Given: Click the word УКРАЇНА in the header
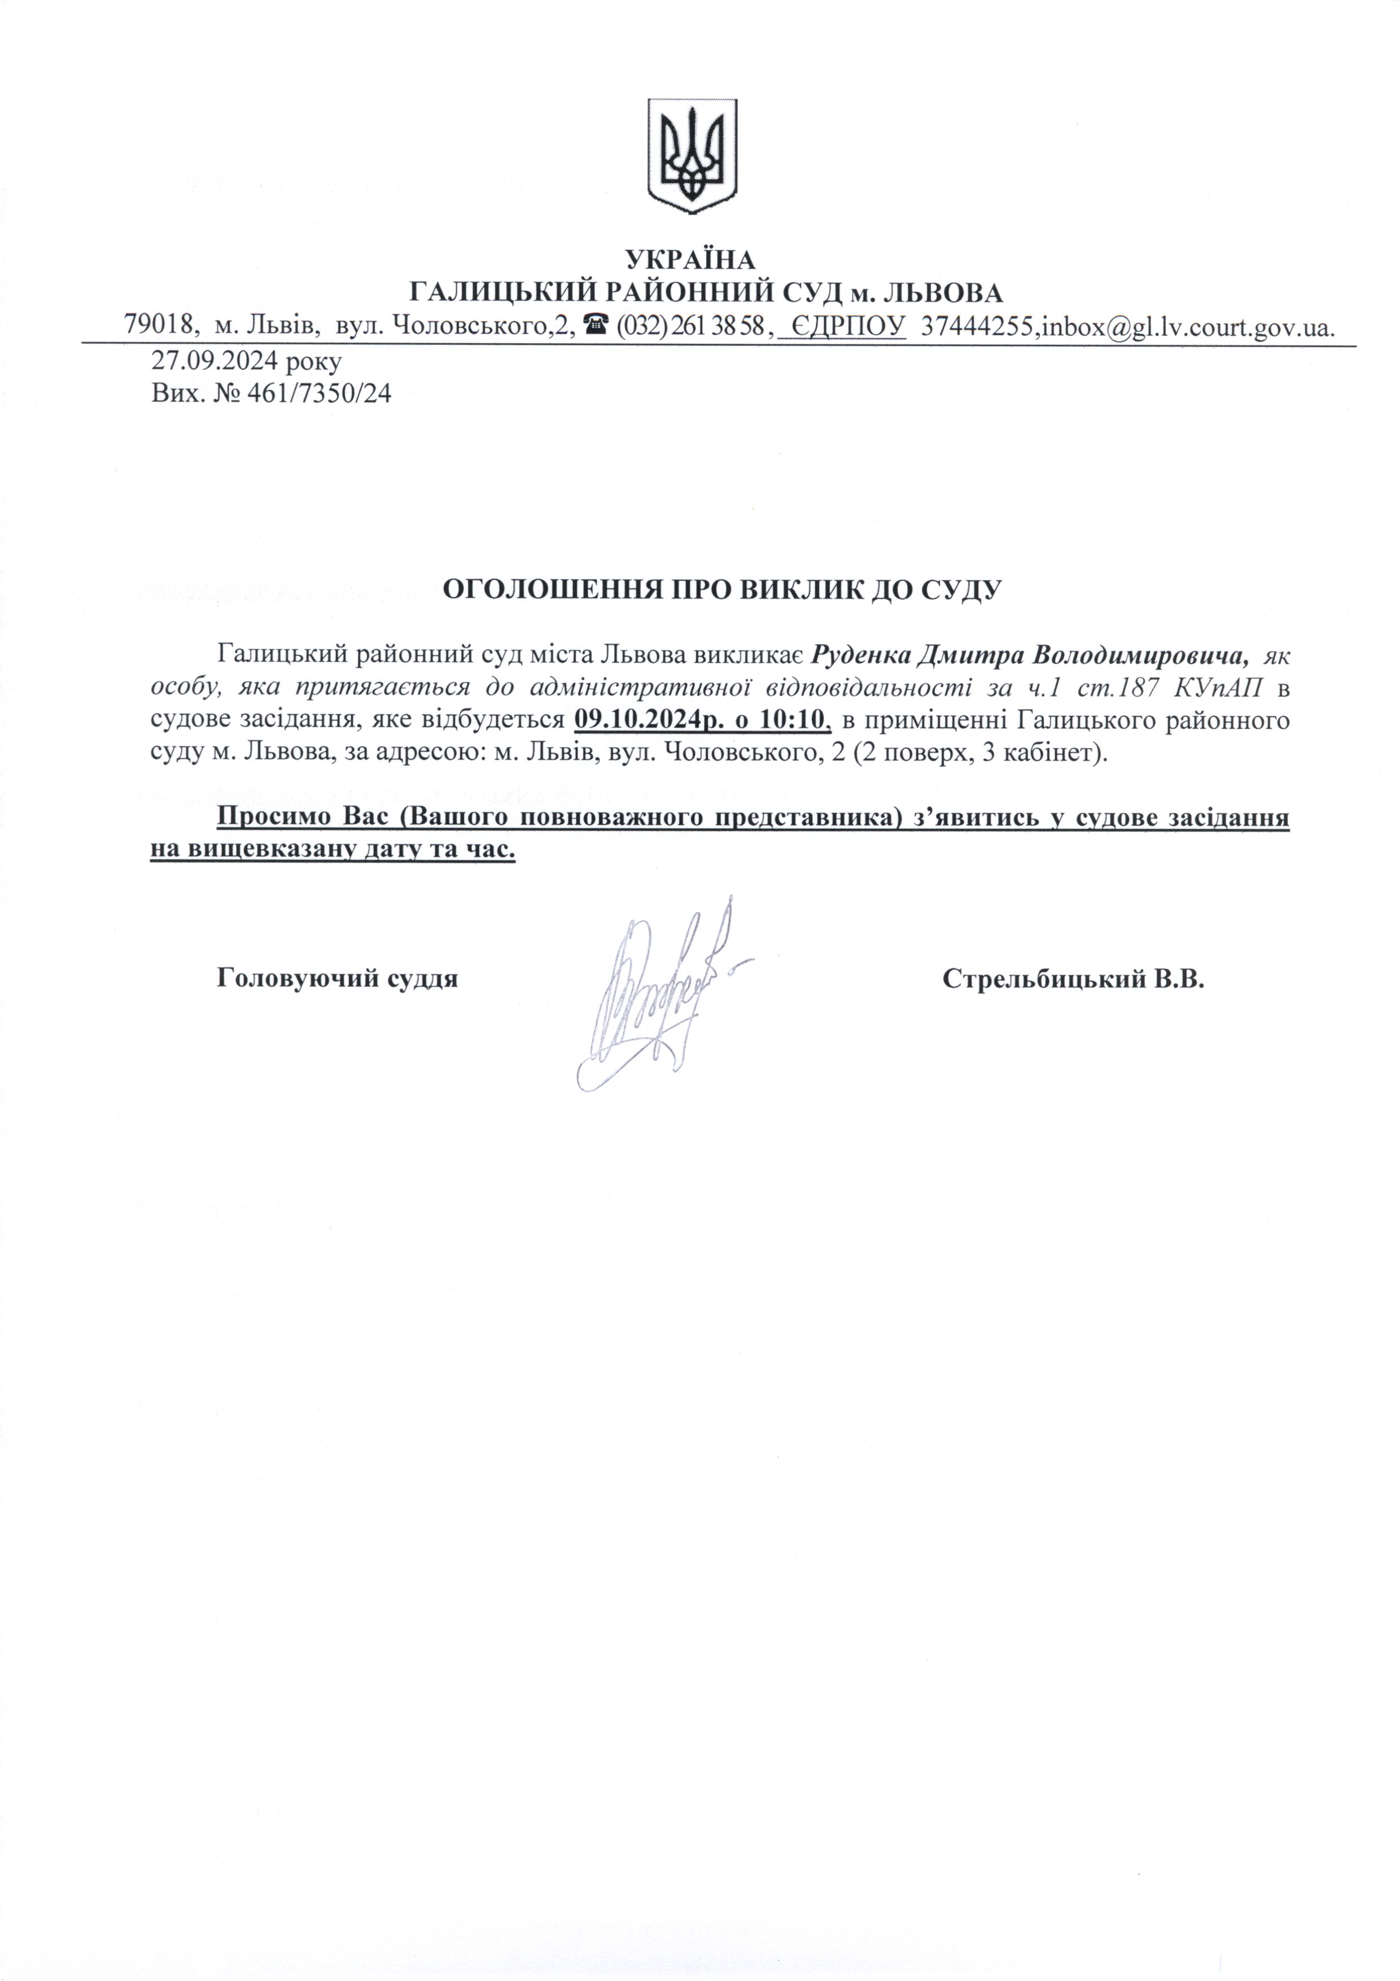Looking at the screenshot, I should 690,259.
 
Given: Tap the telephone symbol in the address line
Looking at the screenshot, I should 593,325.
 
